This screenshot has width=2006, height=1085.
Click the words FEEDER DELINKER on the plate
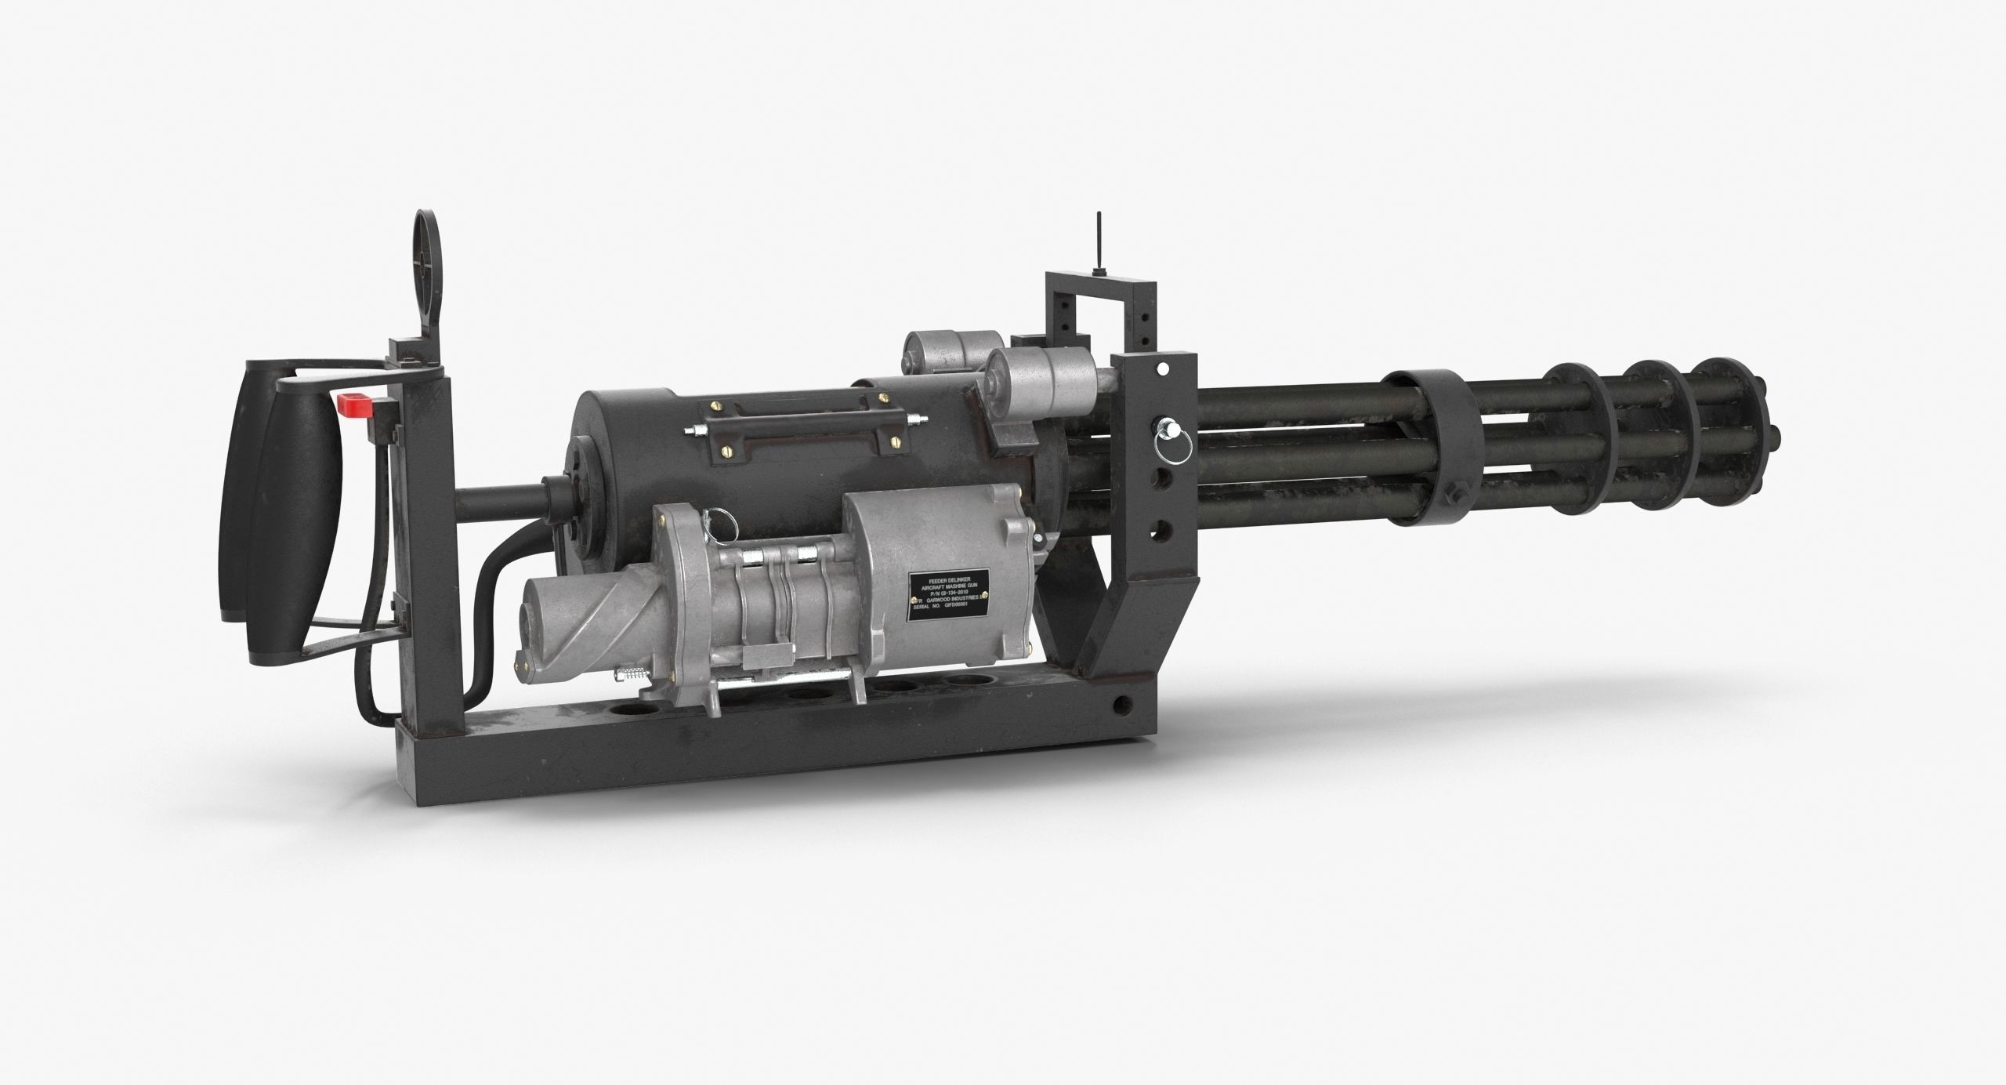coord(949,581)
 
